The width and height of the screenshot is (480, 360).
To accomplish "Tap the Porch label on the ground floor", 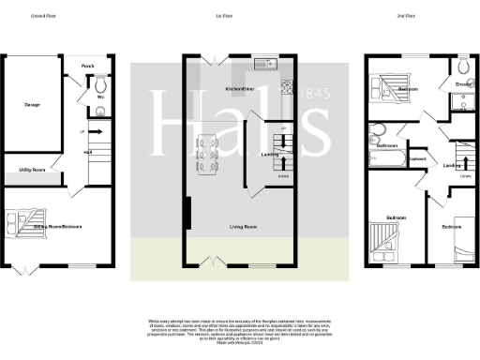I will point(87,66).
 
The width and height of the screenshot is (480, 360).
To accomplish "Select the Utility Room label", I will point(33,170).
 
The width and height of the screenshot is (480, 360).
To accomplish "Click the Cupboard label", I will point(418,157).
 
